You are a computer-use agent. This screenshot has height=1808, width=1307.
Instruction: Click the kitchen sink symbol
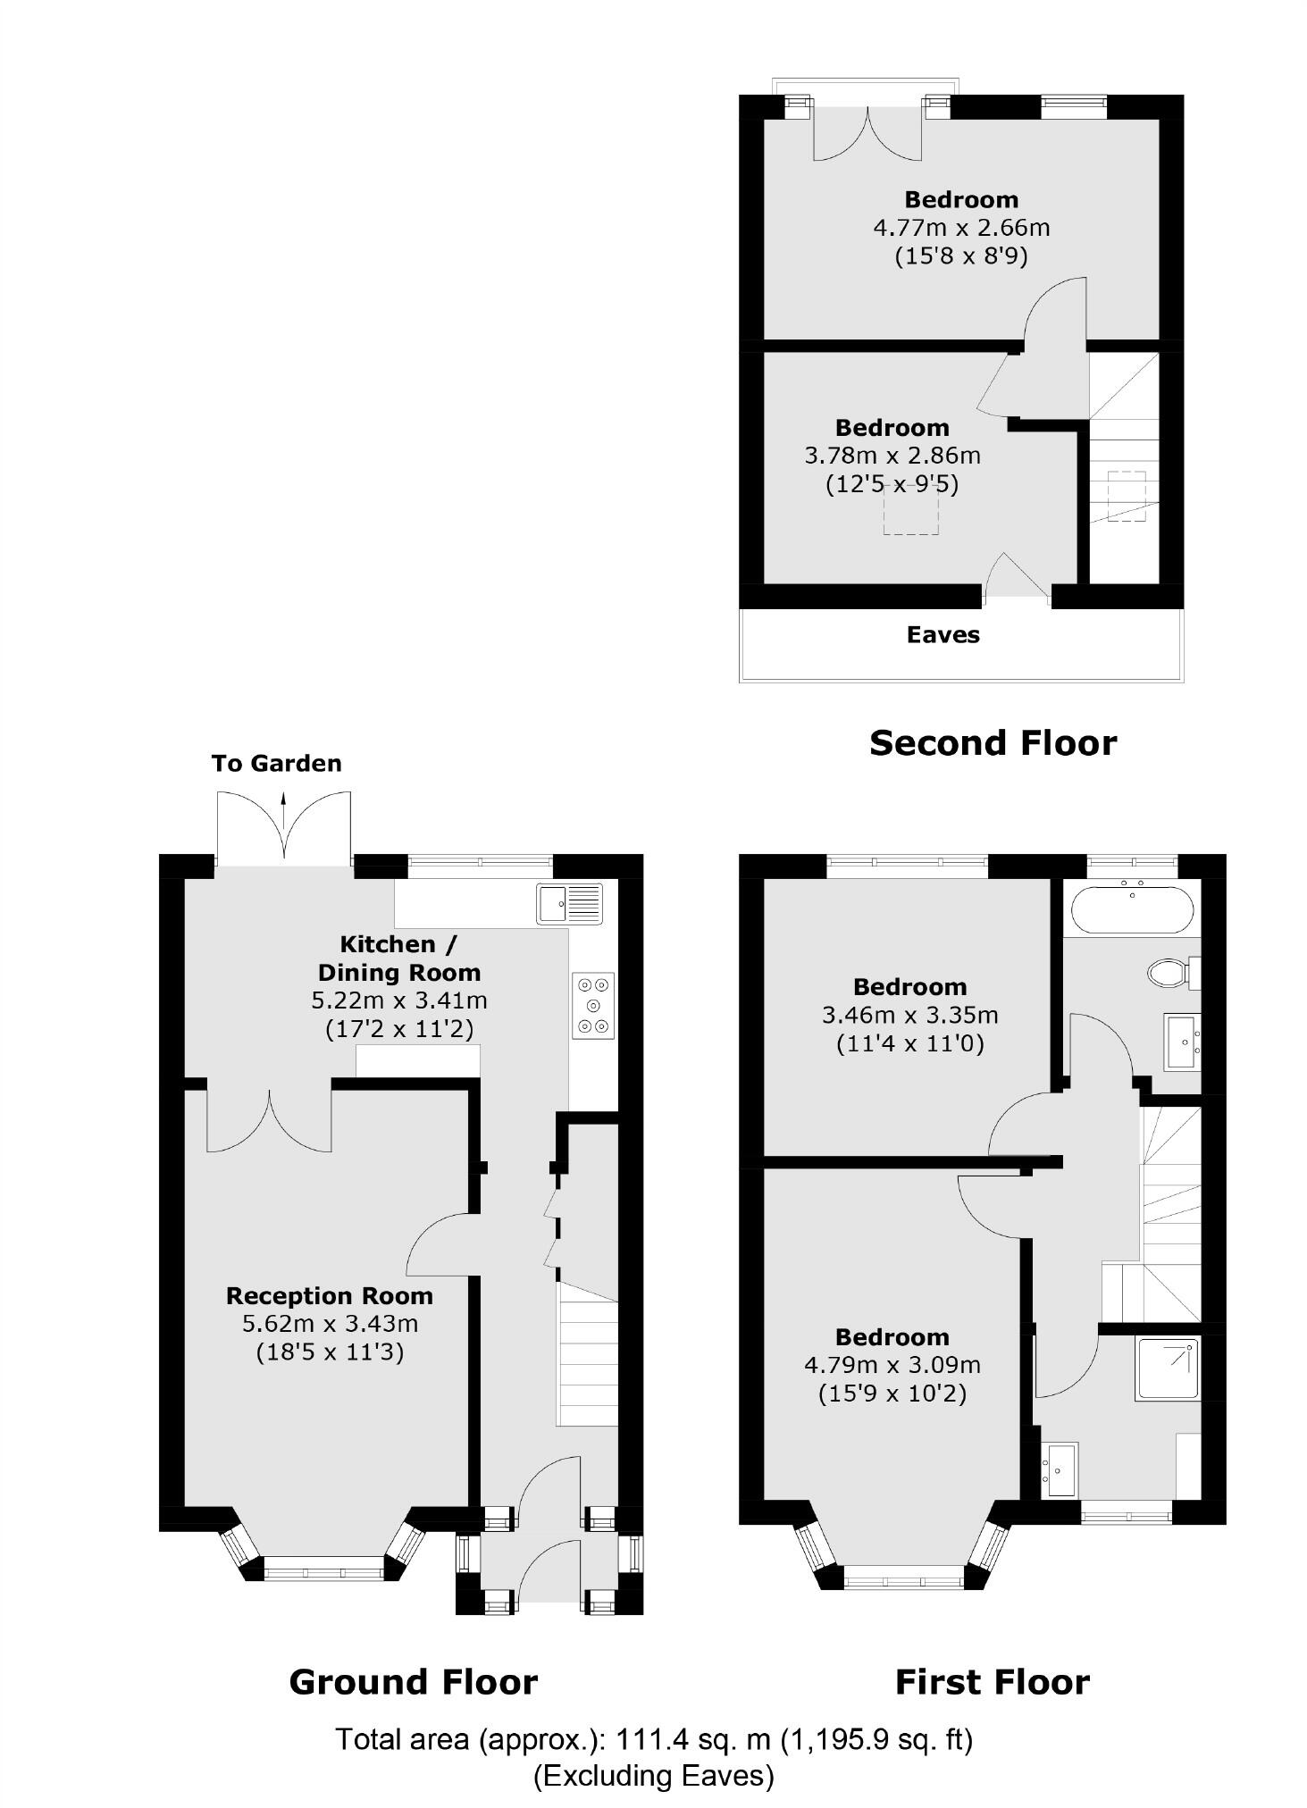pyautogui.click(x=569, y=903)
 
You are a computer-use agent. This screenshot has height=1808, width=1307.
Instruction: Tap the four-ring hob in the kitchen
pyautogui.click(x=593, y=1005)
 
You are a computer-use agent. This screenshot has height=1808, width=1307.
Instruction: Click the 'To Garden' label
pyautogui.click(x=276, y=764)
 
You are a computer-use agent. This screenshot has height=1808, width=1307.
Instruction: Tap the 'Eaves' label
pyautogui.click(x=943, y=635)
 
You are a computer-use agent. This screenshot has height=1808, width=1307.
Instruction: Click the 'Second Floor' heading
pyautogui.click(x=992, y=743)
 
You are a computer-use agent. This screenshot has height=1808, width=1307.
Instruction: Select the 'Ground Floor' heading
pyautogui.click(x=413, y=1683)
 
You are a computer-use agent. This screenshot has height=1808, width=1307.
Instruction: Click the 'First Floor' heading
pyautogui.click(x=992, y=1683)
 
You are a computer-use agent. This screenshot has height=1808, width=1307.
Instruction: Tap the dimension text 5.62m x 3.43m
pyautogui.click(x=330, y=1324)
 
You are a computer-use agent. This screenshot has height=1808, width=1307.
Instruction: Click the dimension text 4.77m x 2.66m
pyautogui.click(x=960, y=228)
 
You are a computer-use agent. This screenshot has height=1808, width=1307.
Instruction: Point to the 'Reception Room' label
pyautogui.click(x=330, y=1296)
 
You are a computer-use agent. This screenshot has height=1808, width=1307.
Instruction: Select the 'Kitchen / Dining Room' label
pyautogui.click(x=398, y=958)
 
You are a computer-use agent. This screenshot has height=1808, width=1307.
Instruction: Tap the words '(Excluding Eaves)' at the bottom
pyautogui.click(x=653, y=1776)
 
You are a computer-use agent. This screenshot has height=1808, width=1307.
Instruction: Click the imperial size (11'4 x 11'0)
pyautogui.click(x=909, y=1043)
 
